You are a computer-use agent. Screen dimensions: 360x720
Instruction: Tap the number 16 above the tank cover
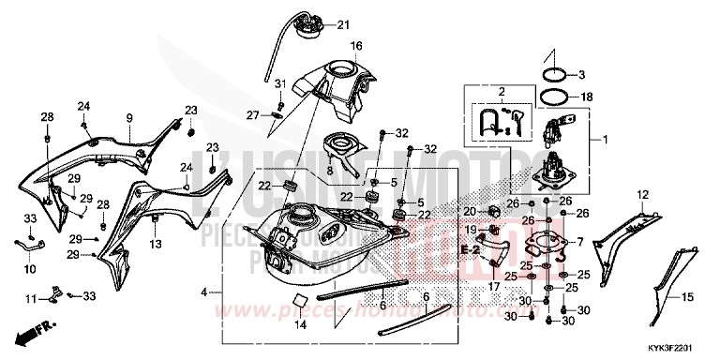(356, 45)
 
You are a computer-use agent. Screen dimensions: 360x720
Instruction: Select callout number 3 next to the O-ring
(581, 74)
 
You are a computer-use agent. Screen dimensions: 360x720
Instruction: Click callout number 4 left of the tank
(203, 293)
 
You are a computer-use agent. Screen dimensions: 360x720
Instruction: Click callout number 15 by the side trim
(687, 297)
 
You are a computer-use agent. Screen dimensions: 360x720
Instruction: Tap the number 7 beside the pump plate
(580, 242)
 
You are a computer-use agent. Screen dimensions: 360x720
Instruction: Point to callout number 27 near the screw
(252, 114)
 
